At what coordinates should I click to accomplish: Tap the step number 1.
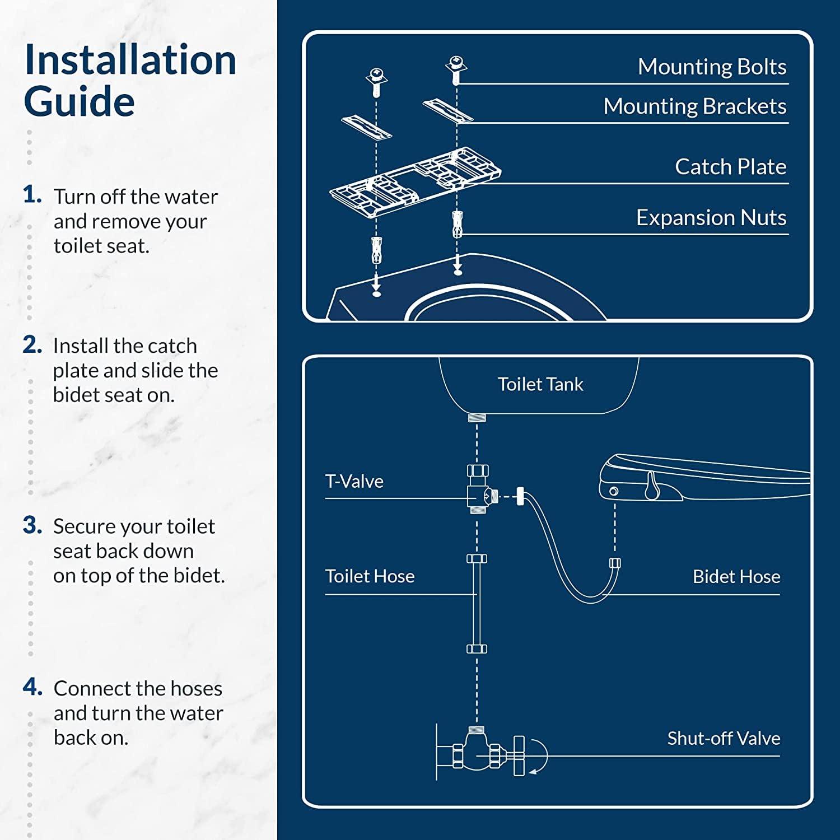coord(32,195)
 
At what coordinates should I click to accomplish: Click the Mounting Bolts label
coord(712,67)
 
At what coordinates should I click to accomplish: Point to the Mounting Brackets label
coord(694,106)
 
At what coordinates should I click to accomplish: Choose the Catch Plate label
coord(730,167)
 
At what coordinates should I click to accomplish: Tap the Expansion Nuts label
coord(711,217)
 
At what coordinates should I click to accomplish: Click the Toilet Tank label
coord(540,384)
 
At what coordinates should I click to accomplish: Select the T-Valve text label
coord(354,482)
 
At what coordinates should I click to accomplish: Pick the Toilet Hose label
coord(370,576)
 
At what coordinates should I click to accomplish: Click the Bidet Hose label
coord(736,577)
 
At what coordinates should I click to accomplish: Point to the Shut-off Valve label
coord(723,739)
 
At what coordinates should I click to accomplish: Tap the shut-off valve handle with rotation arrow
coord(524,756)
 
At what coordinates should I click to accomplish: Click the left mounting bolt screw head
coord(376,75)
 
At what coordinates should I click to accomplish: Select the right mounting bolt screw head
coord(456,63)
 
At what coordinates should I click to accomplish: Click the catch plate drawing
coord(414,179)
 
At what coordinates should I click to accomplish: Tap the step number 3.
coord(32,525)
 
